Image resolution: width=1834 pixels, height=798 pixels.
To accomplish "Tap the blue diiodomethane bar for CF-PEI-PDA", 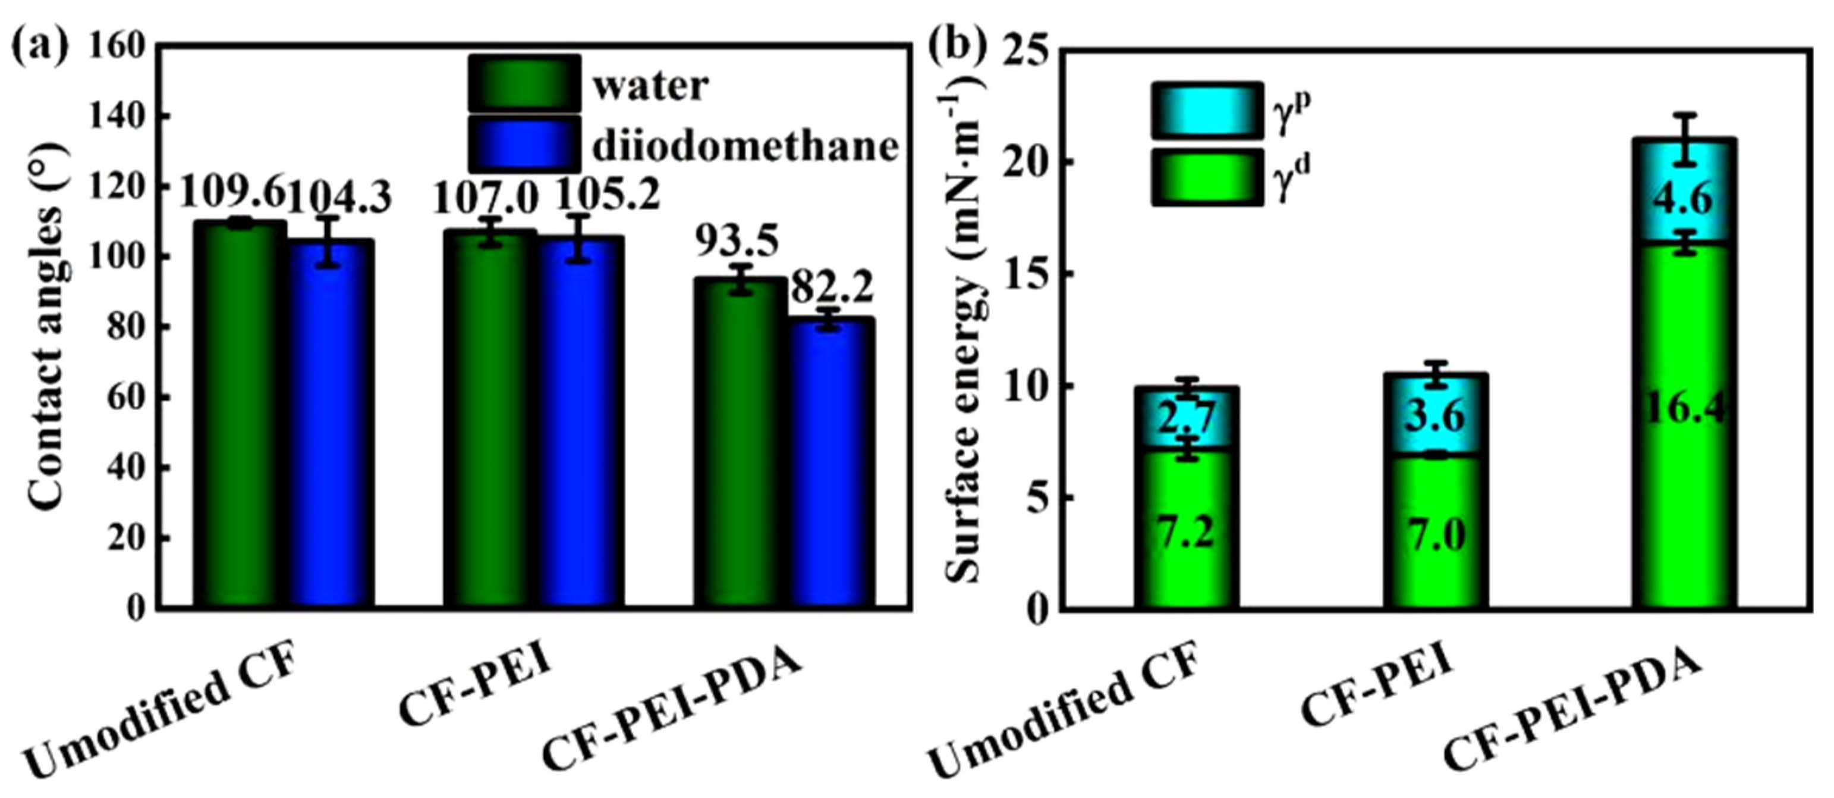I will pyautogui.click(x=832, y=463).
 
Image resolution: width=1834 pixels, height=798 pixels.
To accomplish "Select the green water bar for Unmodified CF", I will pyautogui.click(x=241, y=413).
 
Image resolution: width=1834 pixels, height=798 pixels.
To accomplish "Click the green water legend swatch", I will pyautogui.click(x=524, y=83).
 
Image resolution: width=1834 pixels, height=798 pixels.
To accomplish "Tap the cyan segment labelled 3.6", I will pyautogui.click(x=1435, y=416).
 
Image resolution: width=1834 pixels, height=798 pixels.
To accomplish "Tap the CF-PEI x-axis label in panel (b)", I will pyautogui.click(x=1377, y=691).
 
